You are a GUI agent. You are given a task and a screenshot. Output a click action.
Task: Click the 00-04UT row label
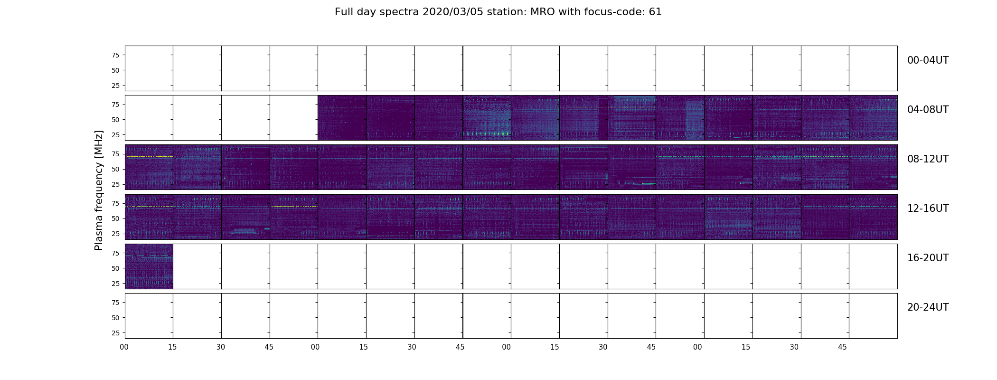pyautogui.click(x=928, y=60)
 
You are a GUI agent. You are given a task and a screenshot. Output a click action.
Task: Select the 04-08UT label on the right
pyautogui.click(x=928, y=110)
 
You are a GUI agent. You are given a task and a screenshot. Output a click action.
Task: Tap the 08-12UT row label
pyautogui.click(x=928, y=159)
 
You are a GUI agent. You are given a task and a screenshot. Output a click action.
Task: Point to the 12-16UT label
pyautogui.click(x=928, y=209)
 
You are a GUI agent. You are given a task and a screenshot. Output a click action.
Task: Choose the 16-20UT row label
pyautogui.click(x=928, y=258)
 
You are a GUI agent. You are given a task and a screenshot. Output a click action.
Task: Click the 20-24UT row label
pyautogui.click(x=928, y=307)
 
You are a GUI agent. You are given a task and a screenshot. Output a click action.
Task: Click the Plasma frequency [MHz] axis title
pyautogui.click(x=99, y=190)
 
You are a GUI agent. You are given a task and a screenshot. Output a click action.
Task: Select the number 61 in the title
pyautogui.click(x=655, y=12)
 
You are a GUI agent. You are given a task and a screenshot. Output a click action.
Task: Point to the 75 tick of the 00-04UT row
pyautogui.click(x=115, y=55)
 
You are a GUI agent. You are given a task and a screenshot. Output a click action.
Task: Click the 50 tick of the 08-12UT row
pyautogui.click(x=115, y=169)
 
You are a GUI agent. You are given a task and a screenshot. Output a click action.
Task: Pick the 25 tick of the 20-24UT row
pyautogui.click(x=115, y=333)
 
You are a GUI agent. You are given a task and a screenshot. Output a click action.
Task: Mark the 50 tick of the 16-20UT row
pyautogui.click(x=115, y=268)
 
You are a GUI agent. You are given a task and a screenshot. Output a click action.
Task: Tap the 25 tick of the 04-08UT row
pyautogui.click(x=115, y=135)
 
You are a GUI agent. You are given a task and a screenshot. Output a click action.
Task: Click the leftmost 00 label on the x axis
pyautogui.click(x=124, y=347)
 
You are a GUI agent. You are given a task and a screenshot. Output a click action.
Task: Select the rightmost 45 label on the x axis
pyautogui.click(x=842, y=347)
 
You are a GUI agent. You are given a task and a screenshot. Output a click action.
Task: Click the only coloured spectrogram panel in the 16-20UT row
pyautogui.click(x=149, y=266)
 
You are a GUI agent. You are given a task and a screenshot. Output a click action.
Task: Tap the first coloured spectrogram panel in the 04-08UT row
pyautogui.click(x=342, y=118)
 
